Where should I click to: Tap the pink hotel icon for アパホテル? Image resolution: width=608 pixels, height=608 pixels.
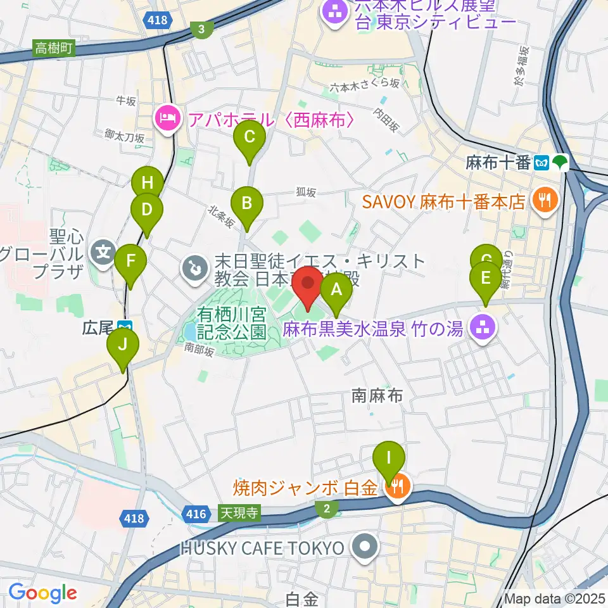168,118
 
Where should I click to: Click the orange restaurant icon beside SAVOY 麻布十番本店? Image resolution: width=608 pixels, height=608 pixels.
543,201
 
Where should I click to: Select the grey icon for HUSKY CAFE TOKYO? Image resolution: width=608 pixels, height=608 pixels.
365,548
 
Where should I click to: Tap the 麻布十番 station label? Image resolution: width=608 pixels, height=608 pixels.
497,163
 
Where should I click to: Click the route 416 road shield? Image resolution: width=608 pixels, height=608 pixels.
196,513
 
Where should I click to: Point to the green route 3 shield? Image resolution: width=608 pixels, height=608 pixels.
201,29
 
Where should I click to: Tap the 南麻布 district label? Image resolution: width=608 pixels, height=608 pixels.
377,396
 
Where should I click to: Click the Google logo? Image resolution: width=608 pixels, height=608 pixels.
42,593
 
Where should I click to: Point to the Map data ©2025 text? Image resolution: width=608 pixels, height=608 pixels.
554,598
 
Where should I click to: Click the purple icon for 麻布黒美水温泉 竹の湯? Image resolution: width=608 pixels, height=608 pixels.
485,327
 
